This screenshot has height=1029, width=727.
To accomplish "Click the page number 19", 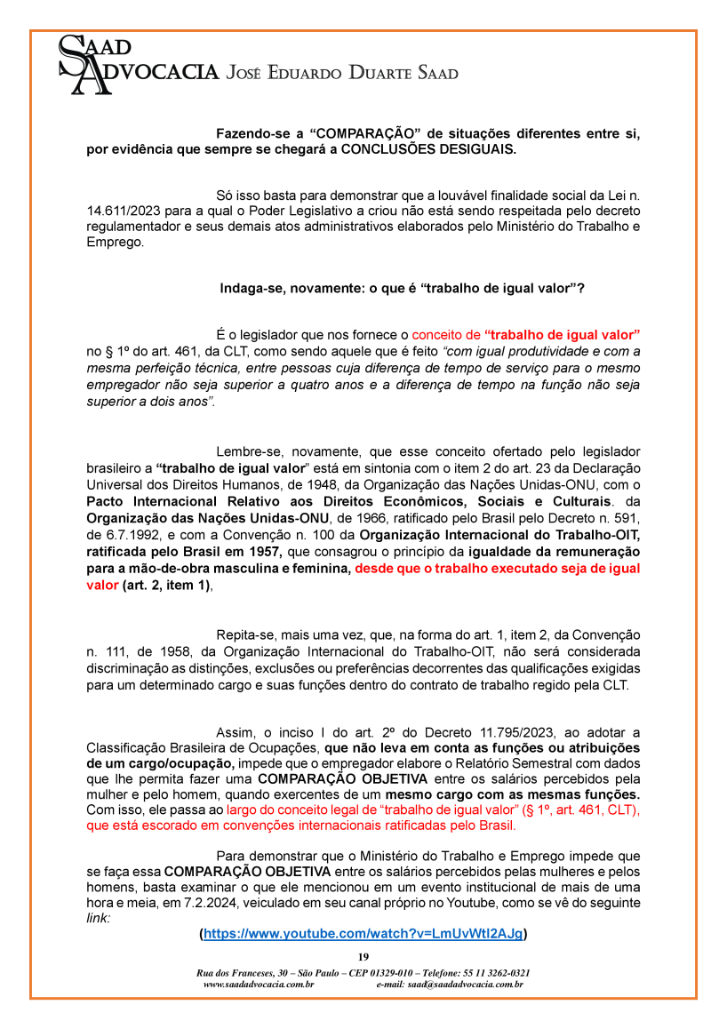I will pyautogui.click(x=363, y=956).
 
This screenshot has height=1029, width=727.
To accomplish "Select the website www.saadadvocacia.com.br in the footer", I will pyautogui.click(x=259, y=985).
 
